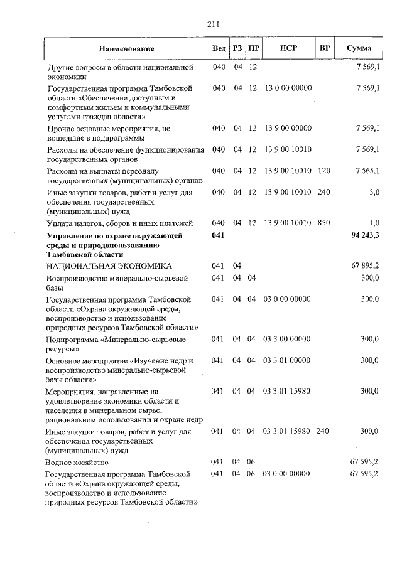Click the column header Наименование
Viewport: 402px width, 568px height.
tap(126, 48)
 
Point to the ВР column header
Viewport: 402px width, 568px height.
tap(324, 48)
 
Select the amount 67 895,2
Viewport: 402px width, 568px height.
tap(365, 266)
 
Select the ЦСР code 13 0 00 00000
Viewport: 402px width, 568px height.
tap(288, 88)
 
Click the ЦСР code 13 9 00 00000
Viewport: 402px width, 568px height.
tap(288, 128)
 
